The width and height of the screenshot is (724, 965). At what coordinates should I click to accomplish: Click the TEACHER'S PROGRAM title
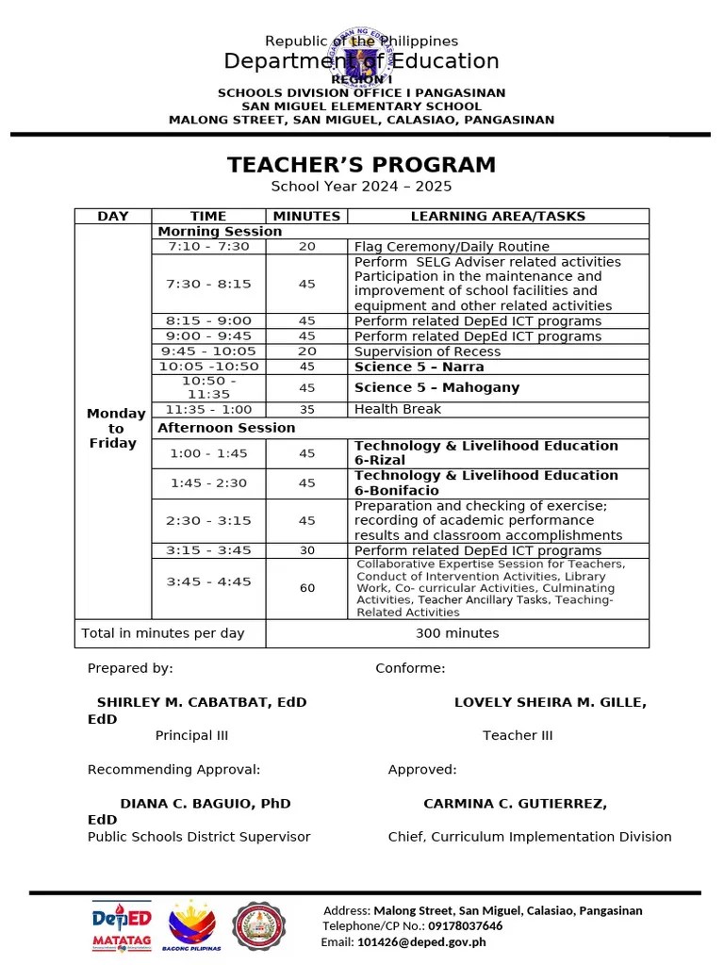tap(361, 165)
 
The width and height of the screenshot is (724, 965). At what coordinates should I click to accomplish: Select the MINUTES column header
tap(306, 216)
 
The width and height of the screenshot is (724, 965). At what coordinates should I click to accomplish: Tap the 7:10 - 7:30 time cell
tap(208, 246)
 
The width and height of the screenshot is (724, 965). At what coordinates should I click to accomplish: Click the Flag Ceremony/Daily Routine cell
tap(451, 246)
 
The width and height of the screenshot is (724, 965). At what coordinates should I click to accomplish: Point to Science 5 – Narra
tap(419, 367)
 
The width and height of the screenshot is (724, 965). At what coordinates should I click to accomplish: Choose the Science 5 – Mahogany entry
tap(436, 387)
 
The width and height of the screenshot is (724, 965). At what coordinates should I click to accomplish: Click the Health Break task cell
tap(397, 409)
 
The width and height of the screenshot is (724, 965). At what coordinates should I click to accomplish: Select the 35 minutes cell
tap(306, 409)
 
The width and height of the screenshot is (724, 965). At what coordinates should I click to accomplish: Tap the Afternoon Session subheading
tap(226, 428)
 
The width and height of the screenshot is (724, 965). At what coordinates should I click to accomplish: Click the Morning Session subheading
tap(220, 231)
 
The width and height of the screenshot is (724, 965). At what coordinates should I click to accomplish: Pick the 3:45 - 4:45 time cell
tap(208, 582)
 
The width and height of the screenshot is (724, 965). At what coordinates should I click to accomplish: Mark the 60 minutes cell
tap(307, 588)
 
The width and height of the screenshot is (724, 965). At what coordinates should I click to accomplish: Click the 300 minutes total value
tap(457, 633)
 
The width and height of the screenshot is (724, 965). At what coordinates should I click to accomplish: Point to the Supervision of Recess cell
tap(427, 352)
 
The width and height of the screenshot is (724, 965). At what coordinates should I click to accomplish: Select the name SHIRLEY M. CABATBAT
tap(202, 702)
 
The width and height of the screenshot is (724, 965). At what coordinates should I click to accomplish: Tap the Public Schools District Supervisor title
tap(199, 836)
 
